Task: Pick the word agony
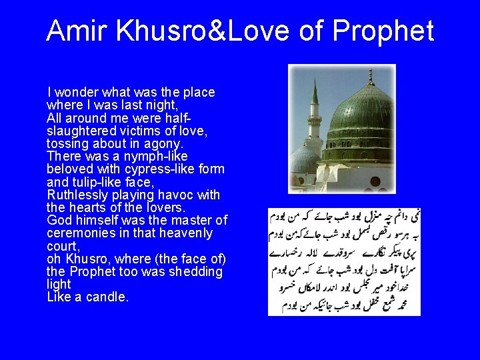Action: coord(163,143)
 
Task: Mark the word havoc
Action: coord(179,195)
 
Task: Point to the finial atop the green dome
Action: coord(370,75)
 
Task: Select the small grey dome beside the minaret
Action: coord(303,160)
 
